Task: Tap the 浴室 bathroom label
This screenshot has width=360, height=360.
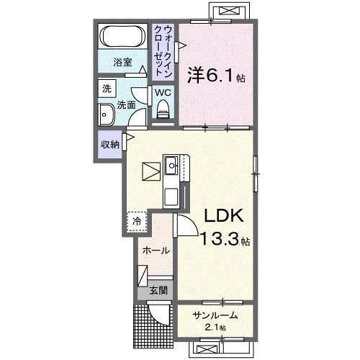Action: [x=124, y=63]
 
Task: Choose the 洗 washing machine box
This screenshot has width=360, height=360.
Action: [x=107, y=89]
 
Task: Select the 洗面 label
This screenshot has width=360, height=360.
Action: [x=127, y=104]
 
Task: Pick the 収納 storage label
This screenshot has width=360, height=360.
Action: [x=110, y=144]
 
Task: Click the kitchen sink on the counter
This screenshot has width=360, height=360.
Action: [x=172, y=167]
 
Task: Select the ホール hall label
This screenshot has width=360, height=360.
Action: [x=156, y=251]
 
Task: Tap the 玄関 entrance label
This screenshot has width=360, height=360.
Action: [x=158, y=292]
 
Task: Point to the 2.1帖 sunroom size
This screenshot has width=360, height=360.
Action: [x=214, y=328]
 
